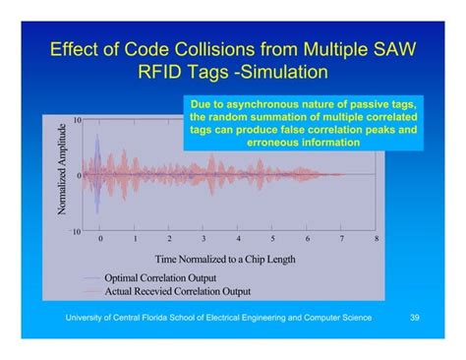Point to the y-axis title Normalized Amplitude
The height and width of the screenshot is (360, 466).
click(x=63, y=174)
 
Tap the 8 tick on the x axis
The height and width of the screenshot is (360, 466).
click(x=376, y=239)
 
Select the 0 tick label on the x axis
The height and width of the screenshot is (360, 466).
click(x=99, y=239)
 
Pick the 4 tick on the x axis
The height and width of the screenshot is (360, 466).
click(x=238, y=239)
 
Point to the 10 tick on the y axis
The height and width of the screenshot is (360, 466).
click(x=78, y=120)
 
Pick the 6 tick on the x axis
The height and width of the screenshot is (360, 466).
click(x=307, y=239)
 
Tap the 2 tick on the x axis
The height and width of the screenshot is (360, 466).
click(x=169, y=239)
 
